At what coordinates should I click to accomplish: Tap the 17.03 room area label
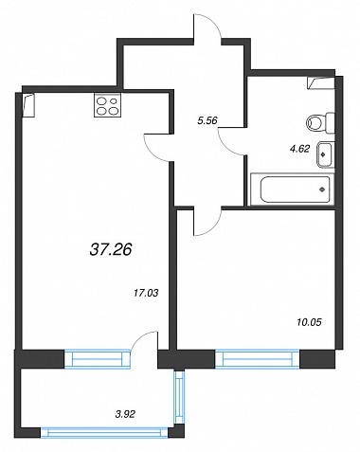[x=146, y=294]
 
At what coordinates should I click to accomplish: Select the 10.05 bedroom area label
[x=309, y=322]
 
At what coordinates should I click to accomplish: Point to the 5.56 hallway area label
[x=207, y=120]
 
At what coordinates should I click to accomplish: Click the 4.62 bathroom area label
[x=299, y=149]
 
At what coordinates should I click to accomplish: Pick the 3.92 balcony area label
[x=125, y=414]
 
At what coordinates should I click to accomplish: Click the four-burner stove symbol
[x=107, y=105]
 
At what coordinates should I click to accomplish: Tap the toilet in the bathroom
[x=320, y=123]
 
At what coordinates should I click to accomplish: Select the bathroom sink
[x=325, y=154]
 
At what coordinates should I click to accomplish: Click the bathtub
[x=293, y=190]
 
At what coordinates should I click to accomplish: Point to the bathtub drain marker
[x=322, y=190]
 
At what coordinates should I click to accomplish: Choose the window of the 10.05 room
[x=258, y=359]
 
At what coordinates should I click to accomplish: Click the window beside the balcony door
[x=98, y=359]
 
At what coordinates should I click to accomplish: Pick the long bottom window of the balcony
[x=104, y=432]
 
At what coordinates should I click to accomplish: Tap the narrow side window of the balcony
[x=179, y=397]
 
